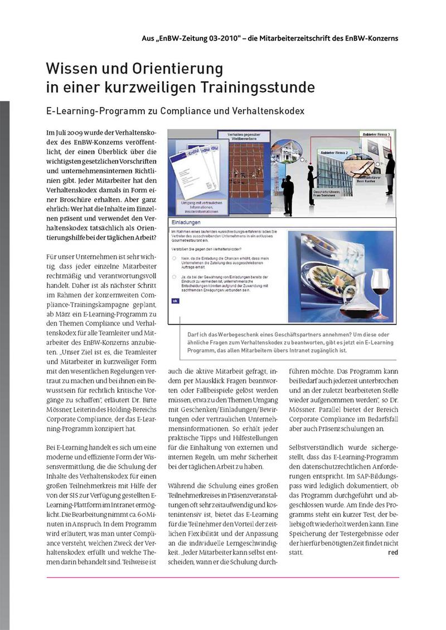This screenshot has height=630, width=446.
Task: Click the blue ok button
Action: [x=175, y=300]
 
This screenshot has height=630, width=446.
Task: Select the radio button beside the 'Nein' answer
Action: [x=174, y=258]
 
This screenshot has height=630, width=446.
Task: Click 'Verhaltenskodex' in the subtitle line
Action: [x=266, y=110]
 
